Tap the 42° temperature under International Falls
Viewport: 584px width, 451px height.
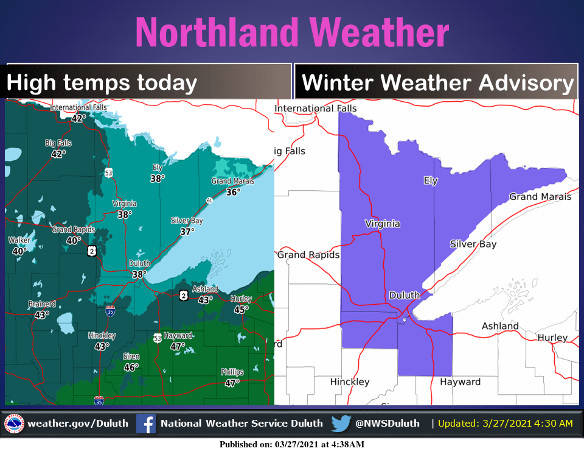click(x=77, y=118)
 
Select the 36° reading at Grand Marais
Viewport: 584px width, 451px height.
click(x=232, y=191)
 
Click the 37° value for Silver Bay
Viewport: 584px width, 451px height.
click(x=187, y=231)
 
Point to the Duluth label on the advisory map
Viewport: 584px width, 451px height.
click(x=405, y=296)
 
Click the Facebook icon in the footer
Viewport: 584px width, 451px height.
click(x=145, y=424)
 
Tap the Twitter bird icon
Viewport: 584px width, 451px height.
click(x=341, y=424)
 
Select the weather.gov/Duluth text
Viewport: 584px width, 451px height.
click(x=78, y=424)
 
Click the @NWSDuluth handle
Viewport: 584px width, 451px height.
click(x=388, y=424)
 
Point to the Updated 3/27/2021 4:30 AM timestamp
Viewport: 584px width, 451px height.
click(x=505, y=424)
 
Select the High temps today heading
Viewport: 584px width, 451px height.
click(x=102, y=83)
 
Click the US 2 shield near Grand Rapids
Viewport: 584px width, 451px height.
click(x=91, y=250)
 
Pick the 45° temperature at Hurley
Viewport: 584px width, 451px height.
click(x=242, y=310)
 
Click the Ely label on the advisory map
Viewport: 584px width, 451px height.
click(x=430, y=180)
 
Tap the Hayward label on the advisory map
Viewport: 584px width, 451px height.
click(x=461, y=382)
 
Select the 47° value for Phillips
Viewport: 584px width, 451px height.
click(x=232, y=383)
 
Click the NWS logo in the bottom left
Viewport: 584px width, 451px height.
click(x=14, y=424)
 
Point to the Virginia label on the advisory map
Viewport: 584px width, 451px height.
click(x=382, y=224)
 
